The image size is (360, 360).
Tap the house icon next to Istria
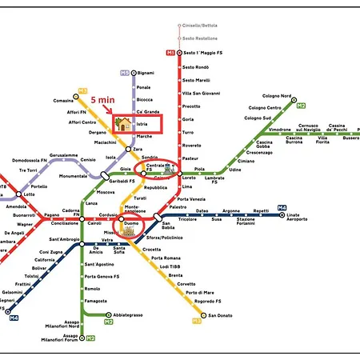pyautogui.click(x=124, y=123)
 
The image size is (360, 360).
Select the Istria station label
pyautogui.click(x=143, y=125)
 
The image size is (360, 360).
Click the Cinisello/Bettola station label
pyautogui.click(x=199, y=26)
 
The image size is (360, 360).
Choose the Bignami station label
pyautogui.click(x=145, y=73)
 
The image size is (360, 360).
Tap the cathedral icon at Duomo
pyautogui.click(x=128, y=230)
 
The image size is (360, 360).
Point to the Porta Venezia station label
pyautogui.click(x=192, y=198)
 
